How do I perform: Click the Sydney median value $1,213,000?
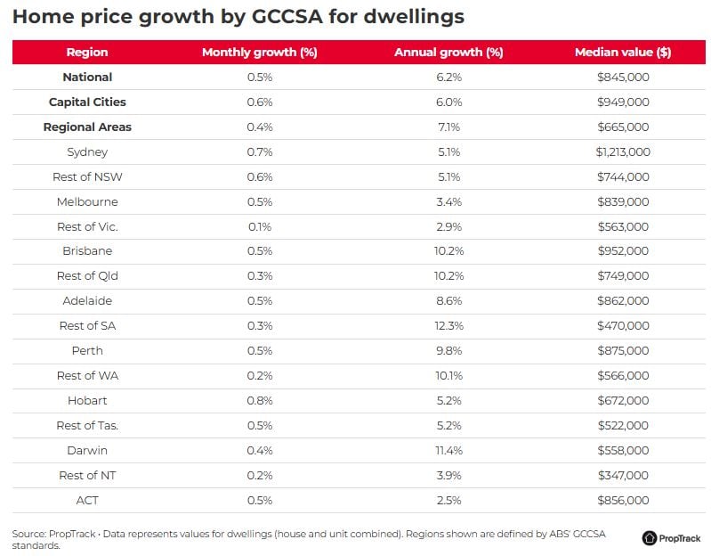point(623,152)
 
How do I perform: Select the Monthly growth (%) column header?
point(260,53)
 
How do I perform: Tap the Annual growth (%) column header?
point(448,53)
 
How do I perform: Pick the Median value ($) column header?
point(623,53)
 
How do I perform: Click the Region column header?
point(87,53)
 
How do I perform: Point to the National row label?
point(87,78)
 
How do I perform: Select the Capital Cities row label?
point(87,102)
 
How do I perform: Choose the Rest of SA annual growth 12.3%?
point(448,326)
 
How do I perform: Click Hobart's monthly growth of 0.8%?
point(260,401)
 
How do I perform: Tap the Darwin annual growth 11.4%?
point(448,451)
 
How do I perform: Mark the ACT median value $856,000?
point(623,501)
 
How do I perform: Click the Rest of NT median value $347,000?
point(623,476)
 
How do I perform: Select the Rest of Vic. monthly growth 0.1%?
point(260,227)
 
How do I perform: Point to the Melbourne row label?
point(87,202)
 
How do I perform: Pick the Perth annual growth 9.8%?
point(448,351)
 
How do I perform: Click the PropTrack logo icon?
point(650,538)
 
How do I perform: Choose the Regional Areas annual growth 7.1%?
point(448,127)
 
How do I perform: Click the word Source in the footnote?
point(28,534)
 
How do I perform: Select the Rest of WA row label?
point(87,376)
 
